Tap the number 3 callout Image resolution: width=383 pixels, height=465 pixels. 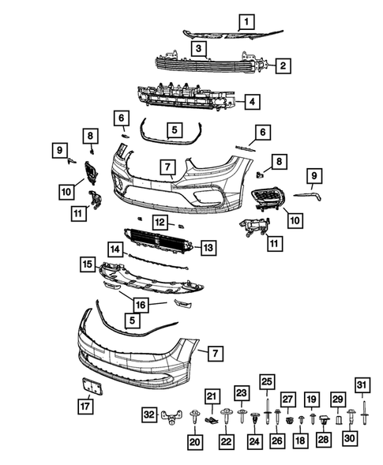point(201,48)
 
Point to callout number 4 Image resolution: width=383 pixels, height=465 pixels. point(250,102)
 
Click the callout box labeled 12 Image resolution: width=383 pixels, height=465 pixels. point(160,223)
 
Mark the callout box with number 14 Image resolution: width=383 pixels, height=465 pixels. point(115,249)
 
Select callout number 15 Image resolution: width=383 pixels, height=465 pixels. point(88,263)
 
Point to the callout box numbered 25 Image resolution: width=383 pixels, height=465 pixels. point(266,382)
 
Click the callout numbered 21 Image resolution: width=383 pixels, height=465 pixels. point(211,396)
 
